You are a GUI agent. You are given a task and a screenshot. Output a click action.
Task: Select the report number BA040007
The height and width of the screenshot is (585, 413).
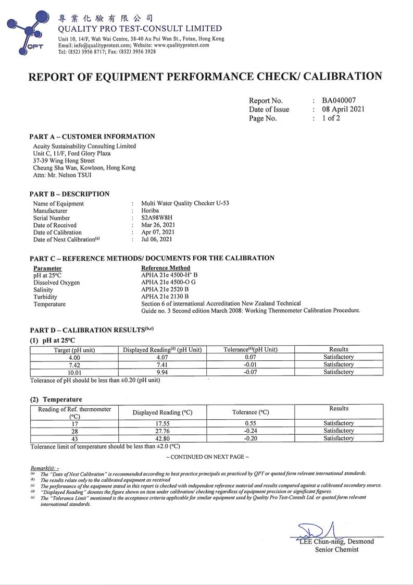click(x=339, y=101)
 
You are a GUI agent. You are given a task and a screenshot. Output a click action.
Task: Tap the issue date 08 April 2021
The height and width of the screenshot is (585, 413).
click(x=343, y=109)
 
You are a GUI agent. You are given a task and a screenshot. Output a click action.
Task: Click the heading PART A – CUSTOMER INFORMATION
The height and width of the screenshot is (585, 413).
click(x=92, y=137)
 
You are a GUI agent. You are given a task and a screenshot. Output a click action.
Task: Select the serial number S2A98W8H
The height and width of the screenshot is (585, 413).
click(x=156, y=218)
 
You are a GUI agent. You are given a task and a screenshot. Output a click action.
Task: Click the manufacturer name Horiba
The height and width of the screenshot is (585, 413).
click(x=151, y=211)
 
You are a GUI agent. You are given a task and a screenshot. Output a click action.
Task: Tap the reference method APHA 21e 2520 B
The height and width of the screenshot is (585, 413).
click(x=165, y=289)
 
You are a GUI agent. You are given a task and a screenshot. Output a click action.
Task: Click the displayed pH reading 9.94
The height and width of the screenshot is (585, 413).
click(x=162, y=372)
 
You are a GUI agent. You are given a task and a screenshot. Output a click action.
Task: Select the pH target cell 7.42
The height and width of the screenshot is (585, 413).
click(x=74, y=364)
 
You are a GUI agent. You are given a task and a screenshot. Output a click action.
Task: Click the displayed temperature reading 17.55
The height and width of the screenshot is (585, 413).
click(x=162, y=423)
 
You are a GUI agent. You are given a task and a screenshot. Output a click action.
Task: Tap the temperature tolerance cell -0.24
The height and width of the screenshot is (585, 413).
click(x=250, y=431)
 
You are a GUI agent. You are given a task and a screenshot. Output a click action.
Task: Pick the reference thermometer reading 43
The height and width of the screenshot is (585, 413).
click(x=74, y=438)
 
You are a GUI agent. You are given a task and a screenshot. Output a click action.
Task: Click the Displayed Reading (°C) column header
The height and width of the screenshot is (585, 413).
click(x=162, y=412)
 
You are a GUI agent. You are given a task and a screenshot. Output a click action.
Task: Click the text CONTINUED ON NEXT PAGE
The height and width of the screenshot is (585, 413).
click(x=207, y=457)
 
